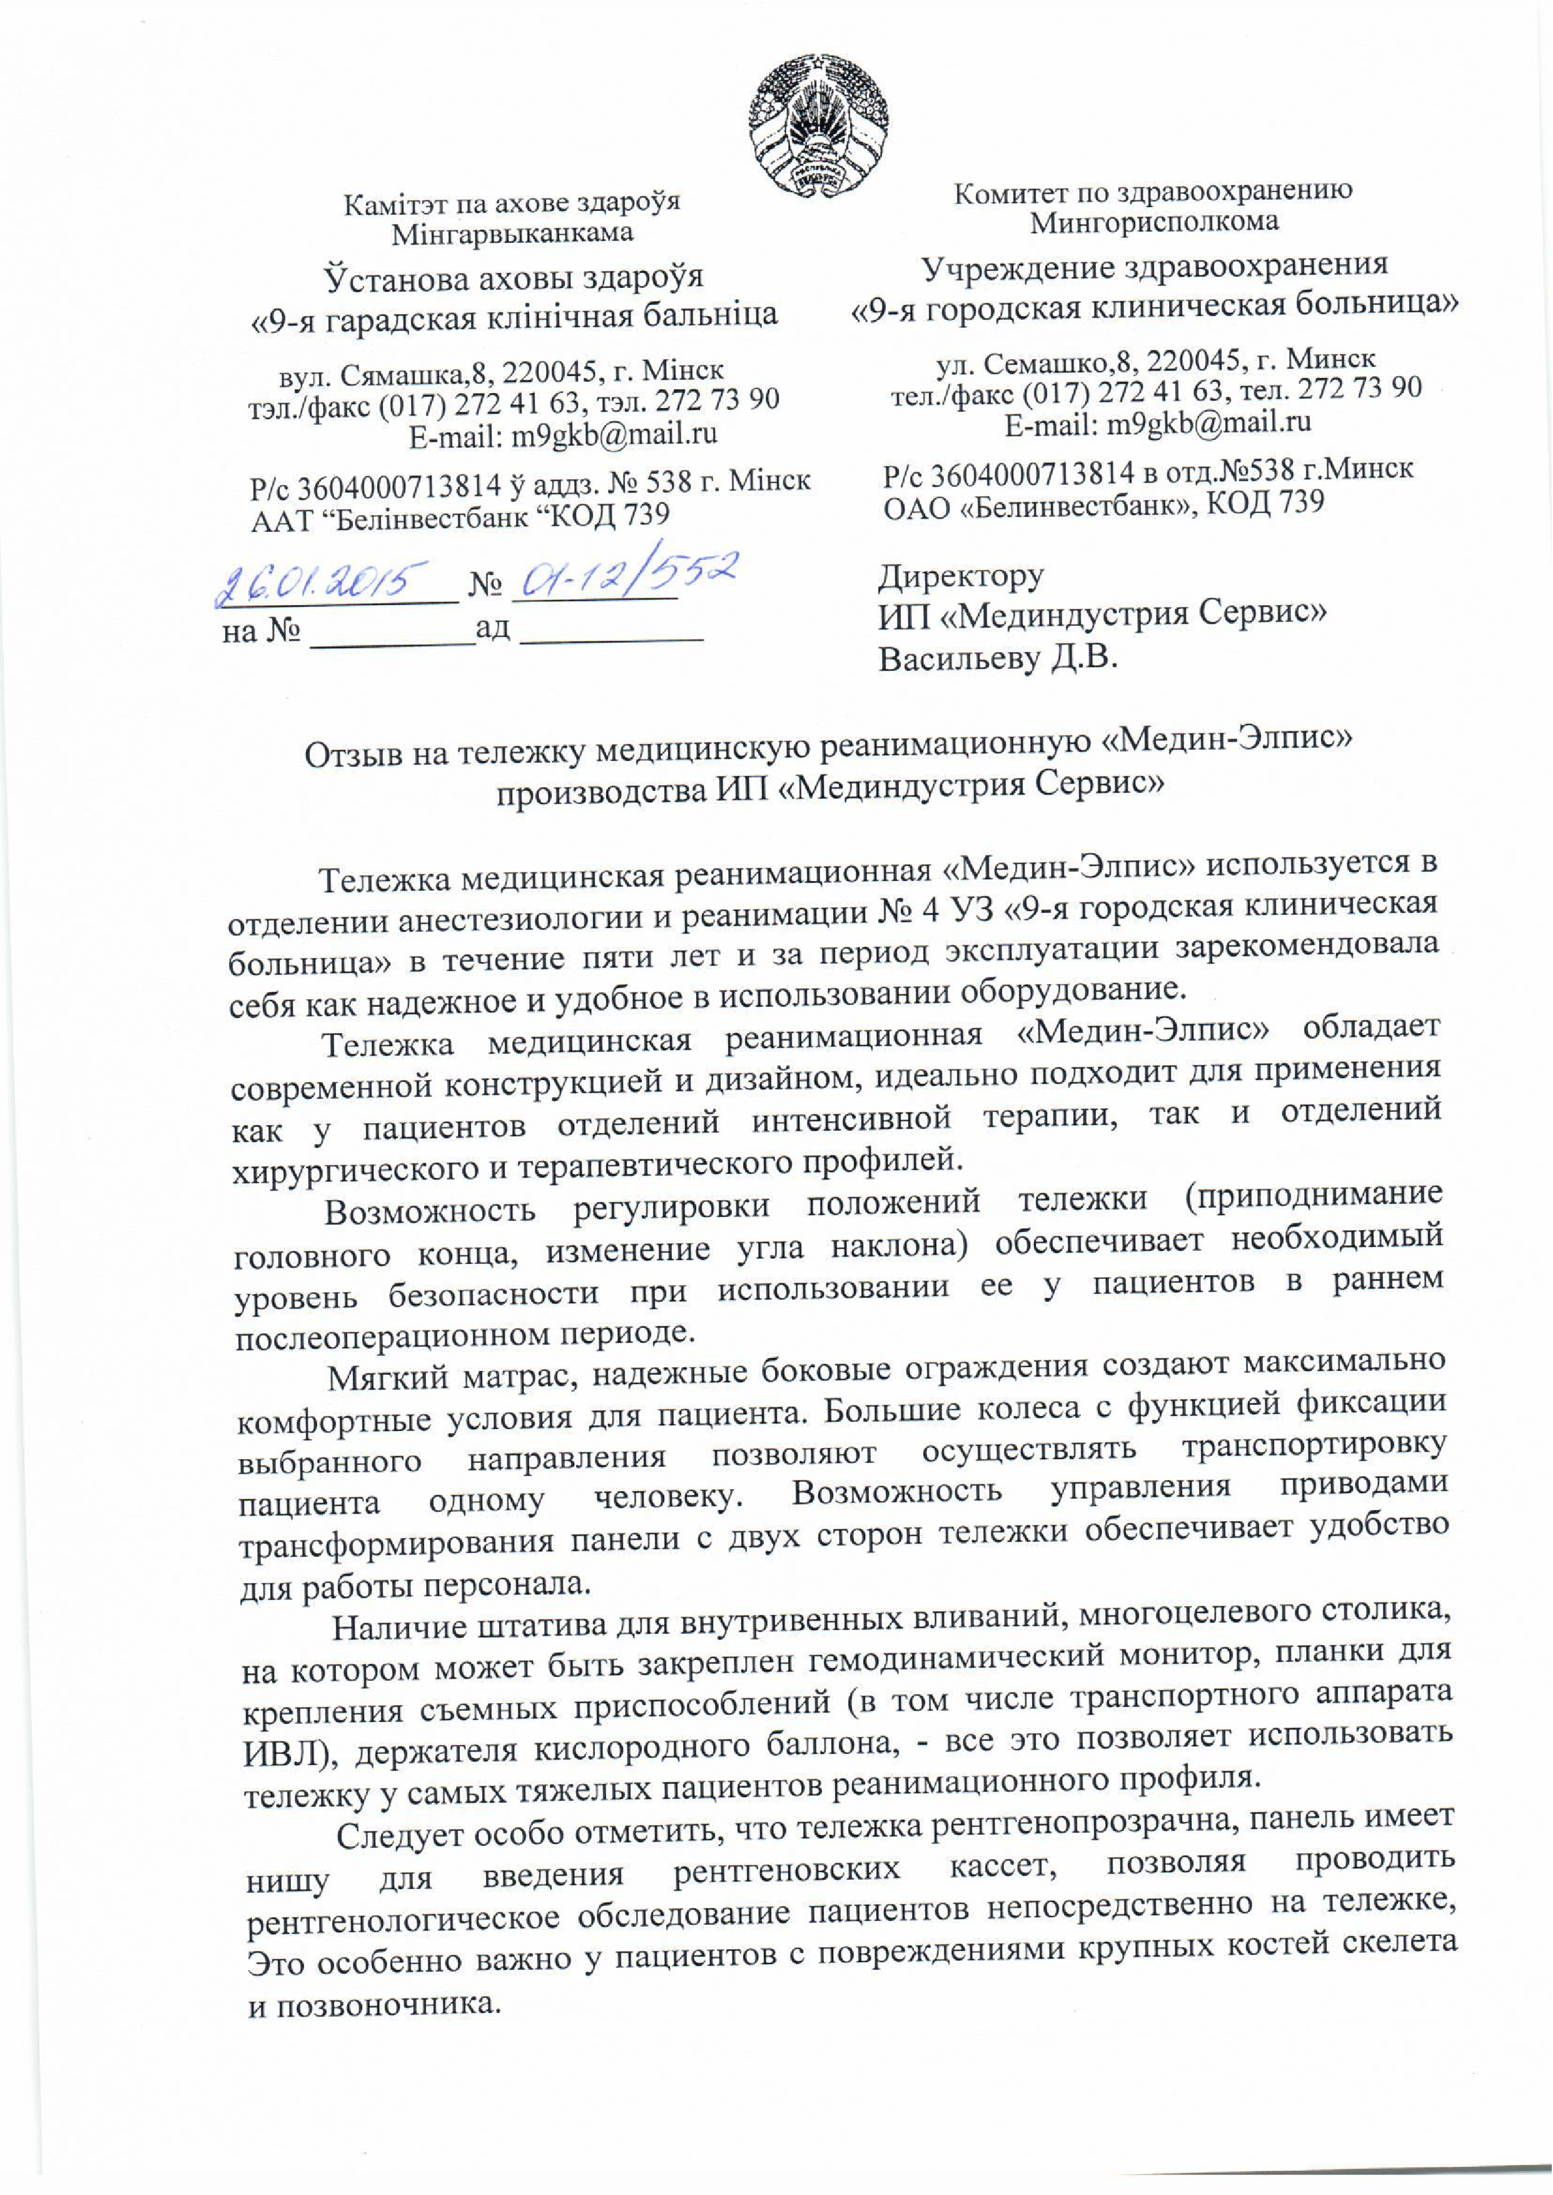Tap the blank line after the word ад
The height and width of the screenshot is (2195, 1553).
coord(616,635)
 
